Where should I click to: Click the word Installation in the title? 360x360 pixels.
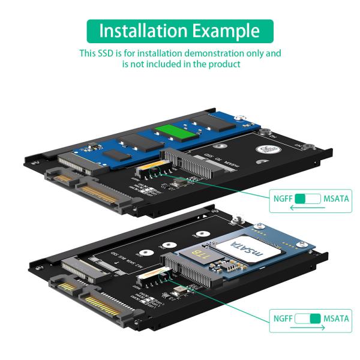[x=141, y=31]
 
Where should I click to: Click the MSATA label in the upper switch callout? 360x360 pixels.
[x=335, y=198]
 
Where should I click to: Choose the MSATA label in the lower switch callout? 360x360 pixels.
[x=335, y=319]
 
